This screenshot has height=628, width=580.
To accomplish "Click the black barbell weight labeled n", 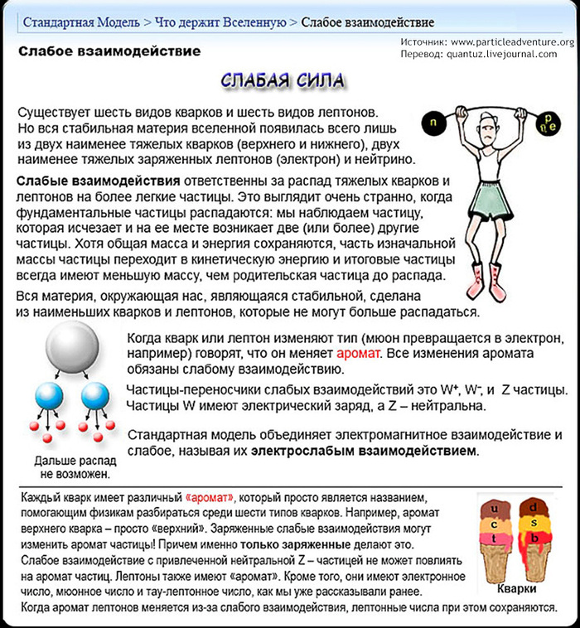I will coord(434,122).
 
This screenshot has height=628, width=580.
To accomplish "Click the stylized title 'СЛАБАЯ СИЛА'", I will coord(283,80).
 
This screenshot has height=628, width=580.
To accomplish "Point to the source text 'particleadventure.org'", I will coord(524,42).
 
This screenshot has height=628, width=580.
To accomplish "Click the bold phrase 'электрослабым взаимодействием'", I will coord(365,452).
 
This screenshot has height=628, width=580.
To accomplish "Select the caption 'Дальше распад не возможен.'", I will coord(75,467).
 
